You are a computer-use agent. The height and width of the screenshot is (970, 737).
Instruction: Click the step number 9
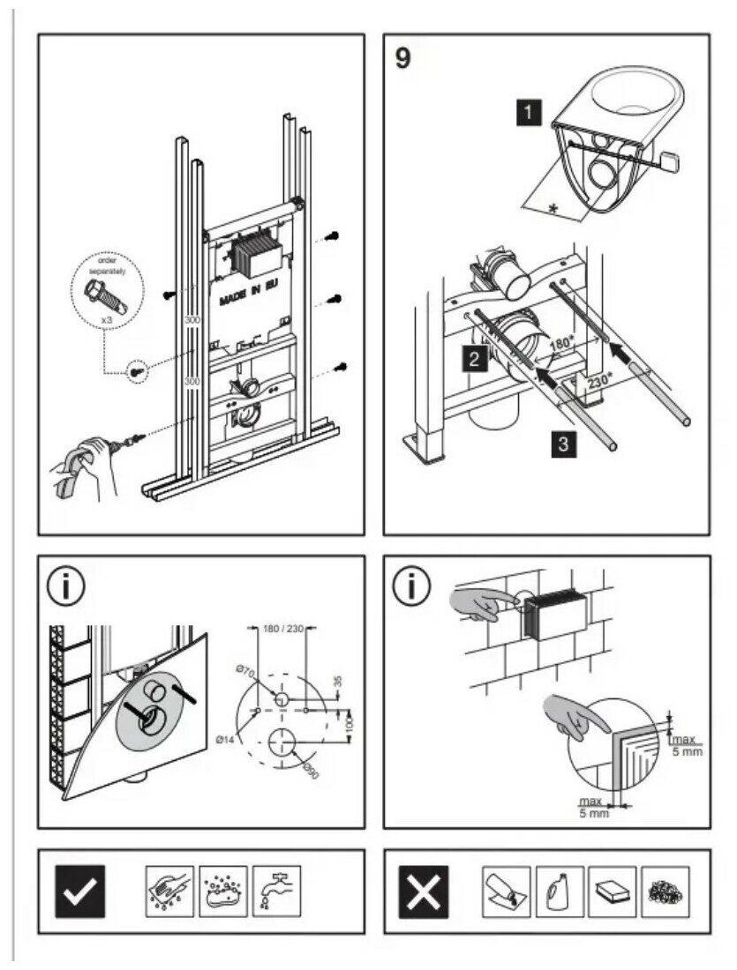click(x=402, y=58)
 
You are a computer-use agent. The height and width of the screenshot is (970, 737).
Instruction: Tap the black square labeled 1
click(x=529, y=113)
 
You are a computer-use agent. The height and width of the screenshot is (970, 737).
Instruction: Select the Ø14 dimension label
click(x=223, y=741)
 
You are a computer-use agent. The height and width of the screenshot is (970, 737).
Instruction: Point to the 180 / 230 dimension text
click(x=282, y=627)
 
